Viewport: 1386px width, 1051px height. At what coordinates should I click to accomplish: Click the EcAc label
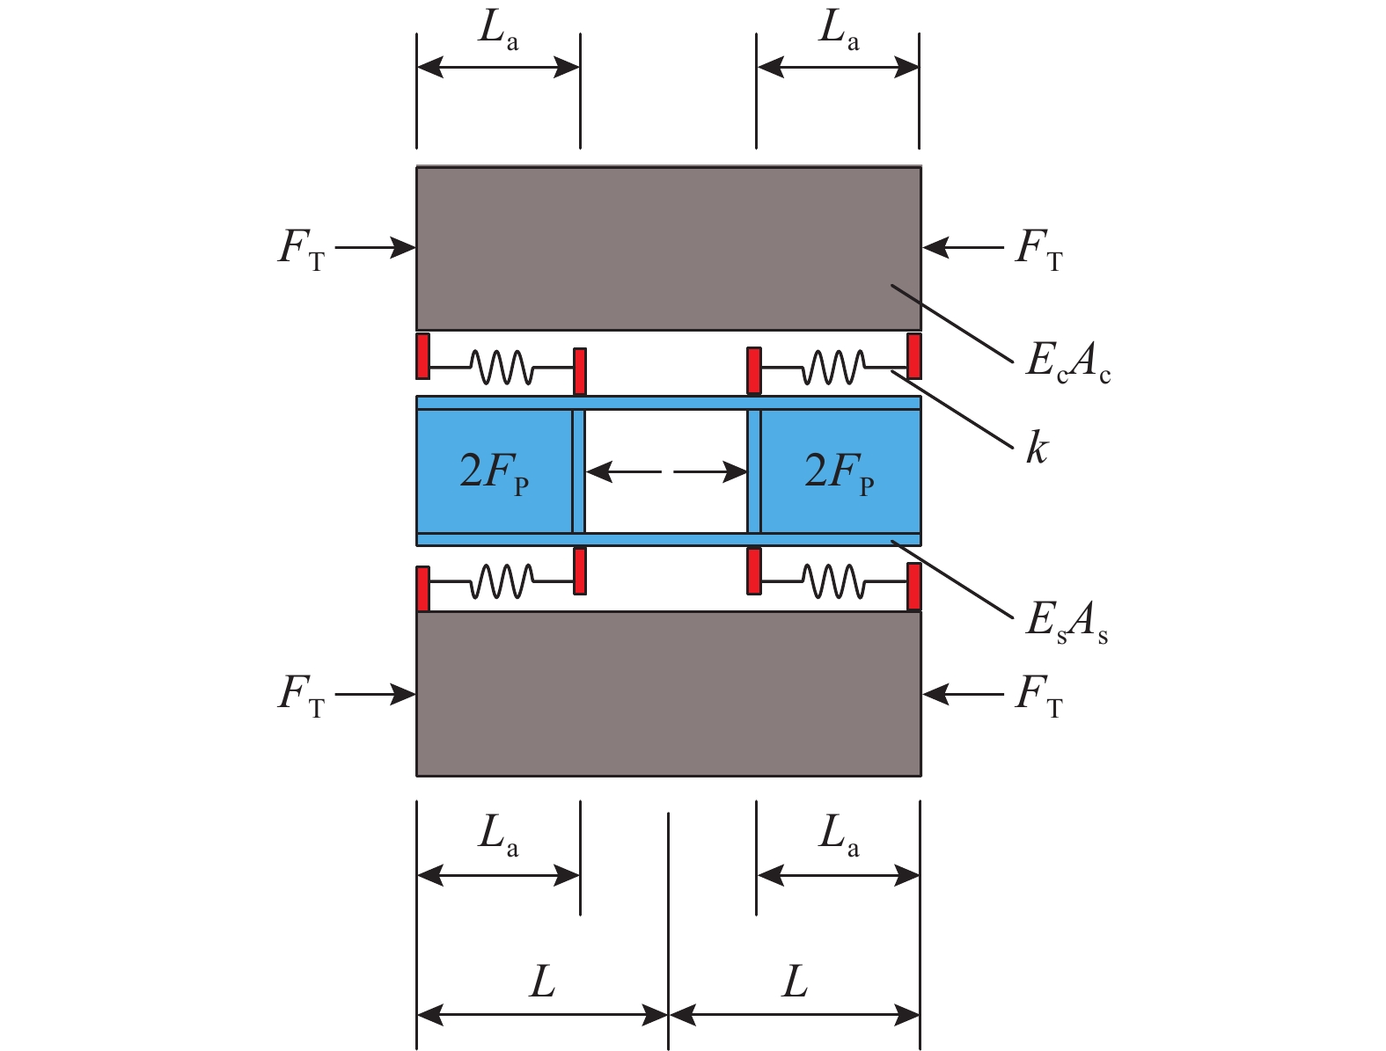click(x=1067, y=362)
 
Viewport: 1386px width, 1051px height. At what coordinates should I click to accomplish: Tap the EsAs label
click(x=1067, y=622)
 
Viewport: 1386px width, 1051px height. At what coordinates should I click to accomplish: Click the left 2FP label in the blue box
click(x=494, y=474)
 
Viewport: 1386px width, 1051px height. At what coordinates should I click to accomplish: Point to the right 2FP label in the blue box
click(x=840, y=474)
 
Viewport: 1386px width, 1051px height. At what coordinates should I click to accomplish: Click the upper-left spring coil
click(x=502, y=367)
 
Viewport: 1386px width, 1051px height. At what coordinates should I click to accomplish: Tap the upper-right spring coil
click(x=833, y=367)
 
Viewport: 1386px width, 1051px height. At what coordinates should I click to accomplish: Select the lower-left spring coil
click(x=502, y=581)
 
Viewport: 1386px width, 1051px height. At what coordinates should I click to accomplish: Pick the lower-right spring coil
click(x=833, y=581)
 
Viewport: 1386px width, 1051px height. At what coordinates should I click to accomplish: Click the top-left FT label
click(x=302, y=249)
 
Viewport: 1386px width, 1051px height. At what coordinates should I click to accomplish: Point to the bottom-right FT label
click(x=1039, y=696)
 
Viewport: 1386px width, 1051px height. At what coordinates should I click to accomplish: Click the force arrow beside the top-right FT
click(x=963, y=247)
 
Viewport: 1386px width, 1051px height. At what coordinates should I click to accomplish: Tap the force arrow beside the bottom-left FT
click(x=375, y=695)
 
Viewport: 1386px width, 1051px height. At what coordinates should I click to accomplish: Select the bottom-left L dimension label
click(x=543, y=982)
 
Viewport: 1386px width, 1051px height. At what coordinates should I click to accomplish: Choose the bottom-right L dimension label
click(x=795, y=982)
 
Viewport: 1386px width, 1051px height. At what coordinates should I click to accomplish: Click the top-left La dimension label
click(x=498, y=30)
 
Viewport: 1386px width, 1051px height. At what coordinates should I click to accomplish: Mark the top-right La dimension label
click(x=839, y=30)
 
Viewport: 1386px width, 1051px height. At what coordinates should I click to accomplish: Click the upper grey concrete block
click(x=669, y=249)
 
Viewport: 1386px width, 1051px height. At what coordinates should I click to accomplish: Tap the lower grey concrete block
click(x=669, y=694)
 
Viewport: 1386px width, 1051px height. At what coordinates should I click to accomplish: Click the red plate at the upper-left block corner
click(x=423, y=356)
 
